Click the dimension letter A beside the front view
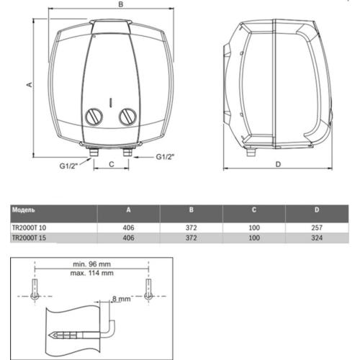pyautogui.click(x=30, y=84)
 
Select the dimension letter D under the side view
pyautogui.click(x=278, y=164)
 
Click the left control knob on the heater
pyautogui.click(x=94, y=116)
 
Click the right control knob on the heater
pyautogui.click(x=127, y=116)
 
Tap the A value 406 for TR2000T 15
pyautogui.click(x=127, y=238)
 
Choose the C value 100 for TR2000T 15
pyautogui.click(x=254, y=238)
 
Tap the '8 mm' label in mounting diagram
pyautogui.click(x=121, y=297)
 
